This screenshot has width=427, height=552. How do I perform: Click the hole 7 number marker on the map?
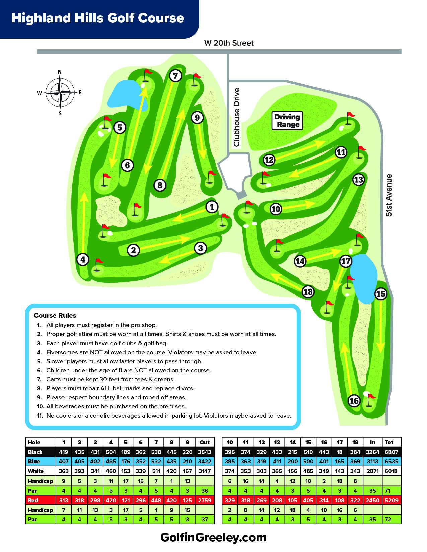(175, 76)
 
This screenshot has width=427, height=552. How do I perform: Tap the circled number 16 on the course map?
(354, 401)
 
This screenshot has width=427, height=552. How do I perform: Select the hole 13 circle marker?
(358, 180)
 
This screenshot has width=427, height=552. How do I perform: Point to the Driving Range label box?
(287, 121)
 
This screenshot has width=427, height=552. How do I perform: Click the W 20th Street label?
(229, 43)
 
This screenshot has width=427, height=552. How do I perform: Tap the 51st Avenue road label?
(388, 195)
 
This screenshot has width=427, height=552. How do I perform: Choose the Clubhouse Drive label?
(237, 117)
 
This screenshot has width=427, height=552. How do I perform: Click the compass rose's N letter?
(60, 72)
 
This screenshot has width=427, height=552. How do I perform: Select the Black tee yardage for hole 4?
(111, 452)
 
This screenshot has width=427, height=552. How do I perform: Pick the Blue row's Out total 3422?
(205, 461)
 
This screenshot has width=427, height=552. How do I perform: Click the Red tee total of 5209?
(392, 500)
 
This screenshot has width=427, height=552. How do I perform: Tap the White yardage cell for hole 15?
(308, 471)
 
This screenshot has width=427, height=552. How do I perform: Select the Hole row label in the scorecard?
(34, 442)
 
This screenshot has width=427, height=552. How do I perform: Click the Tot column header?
(389, 442)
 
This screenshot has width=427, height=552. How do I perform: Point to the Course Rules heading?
(55, 315)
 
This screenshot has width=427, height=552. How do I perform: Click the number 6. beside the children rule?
(39, 370)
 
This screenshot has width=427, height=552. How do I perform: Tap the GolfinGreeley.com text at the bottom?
(213, 538)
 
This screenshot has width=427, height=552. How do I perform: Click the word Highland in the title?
(41, 18)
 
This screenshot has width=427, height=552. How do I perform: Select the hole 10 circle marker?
(276, 209)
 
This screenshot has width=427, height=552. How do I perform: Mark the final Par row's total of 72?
(388, 519)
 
